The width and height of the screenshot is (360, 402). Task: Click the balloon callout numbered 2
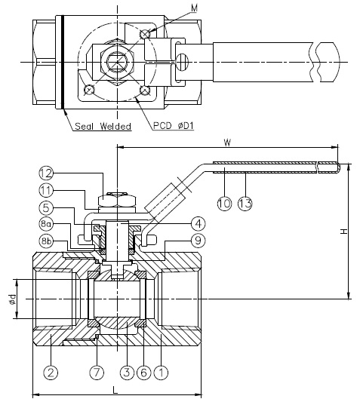[51, 372]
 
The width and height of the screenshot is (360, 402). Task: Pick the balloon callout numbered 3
[126, 372]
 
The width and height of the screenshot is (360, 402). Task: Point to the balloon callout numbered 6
[143, 372]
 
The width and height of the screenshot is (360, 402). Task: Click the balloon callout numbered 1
[160, 372]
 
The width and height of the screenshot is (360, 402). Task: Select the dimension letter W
[226, 142]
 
